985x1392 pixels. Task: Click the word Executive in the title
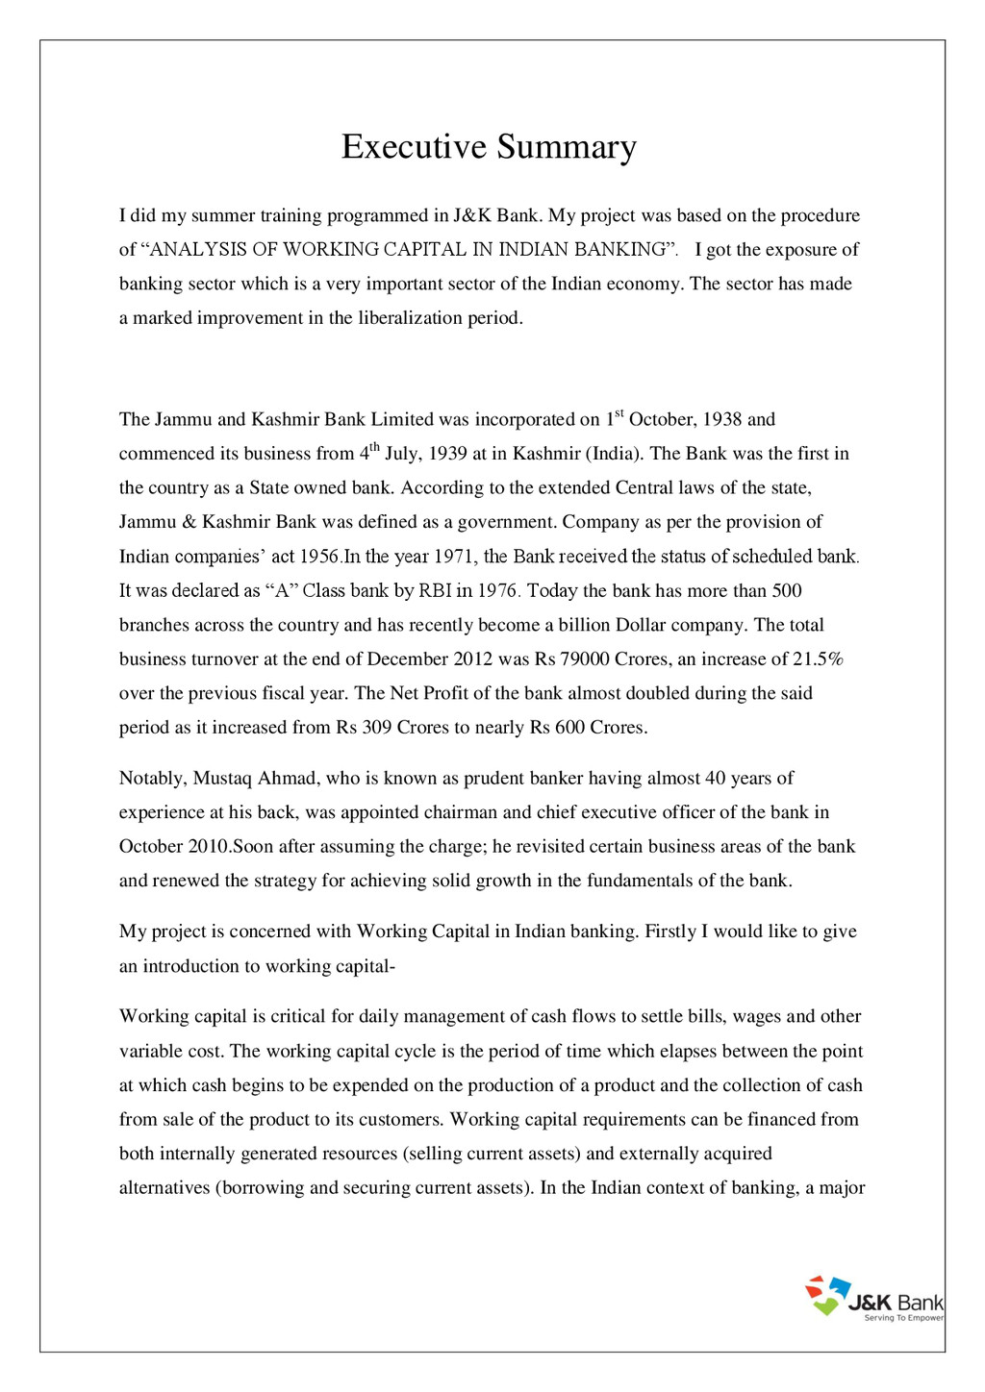tap(415, 147)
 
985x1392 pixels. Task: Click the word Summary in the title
tap(567, 147)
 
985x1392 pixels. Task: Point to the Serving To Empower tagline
tap(903, 1318)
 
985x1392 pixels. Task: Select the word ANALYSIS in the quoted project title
tap(191, 250)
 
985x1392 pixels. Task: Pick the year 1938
tap(722, 420)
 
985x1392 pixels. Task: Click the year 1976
tap(498, 591)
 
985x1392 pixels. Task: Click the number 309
tap(377, 728)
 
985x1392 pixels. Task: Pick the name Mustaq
tap(222, 779)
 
